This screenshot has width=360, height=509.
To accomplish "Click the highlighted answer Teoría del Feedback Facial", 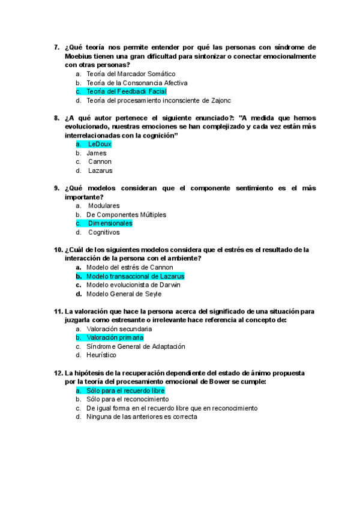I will (x=118, y=91).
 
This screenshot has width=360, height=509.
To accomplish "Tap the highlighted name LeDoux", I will (x=99, y=144).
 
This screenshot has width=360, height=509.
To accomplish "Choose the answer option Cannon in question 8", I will (x=100, y=161).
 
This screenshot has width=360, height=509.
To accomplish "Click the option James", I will (x=96, y=153).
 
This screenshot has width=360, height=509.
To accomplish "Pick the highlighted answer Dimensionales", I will (x=110, y=223).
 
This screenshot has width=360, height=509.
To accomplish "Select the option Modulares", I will (x=103, y=206).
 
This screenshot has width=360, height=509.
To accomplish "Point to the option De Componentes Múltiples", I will (x=126, y=214).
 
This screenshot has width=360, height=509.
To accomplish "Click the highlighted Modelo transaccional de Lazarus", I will (x=135, y=276).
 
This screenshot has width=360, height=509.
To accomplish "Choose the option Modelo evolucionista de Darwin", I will (x=133, y=285).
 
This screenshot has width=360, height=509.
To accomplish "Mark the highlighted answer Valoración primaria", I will (x=115, y=338).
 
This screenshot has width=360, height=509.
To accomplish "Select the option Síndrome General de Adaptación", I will (x=136, y=346).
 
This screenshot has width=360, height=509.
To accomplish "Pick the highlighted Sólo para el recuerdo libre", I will (x=125, y=391).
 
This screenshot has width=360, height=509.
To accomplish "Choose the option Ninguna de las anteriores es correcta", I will (x=142, y=417).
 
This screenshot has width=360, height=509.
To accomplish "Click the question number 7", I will (x=56, y=47).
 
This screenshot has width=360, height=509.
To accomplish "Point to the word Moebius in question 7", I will (x=79, y=56).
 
